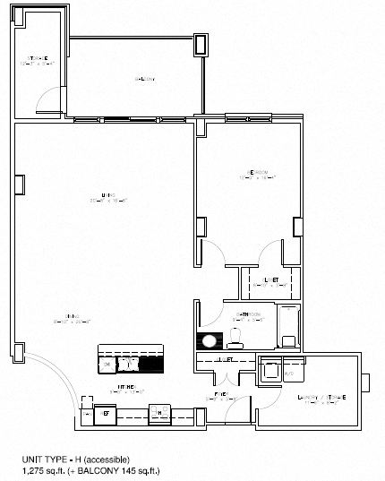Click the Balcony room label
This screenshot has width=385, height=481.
tap(145, 79)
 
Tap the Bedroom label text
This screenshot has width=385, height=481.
tap(258, 175)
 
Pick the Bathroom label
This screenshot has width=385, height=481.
tap(247, 316)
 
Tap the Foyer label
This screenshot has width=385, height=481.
tap(222, 394)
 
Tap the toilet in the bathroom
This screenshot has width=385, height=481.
tap(235, 337)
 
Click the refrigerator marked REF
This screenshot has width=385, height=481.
tap(104, 414)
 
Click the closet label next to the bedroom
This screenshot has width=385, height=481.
tap(271, 281)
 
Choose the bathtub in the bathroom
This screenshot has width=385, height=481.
tap(290, 328)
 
